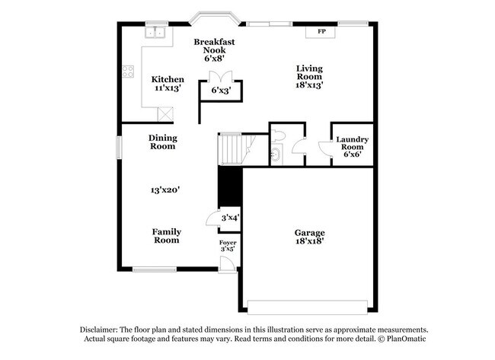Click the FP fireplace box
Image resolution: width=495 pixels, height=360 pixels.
pyautogui.click(x=321, y=31)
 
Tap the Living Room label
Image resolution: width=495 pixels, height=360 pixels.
pyautogui.click(x=309, y=72)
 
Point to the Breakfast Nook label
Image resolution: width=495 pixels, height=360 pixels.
pyautogui.click(x=212, y=45)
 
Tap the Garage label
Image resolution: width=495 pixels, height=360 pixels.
pyautogui.click(x=310, y=232)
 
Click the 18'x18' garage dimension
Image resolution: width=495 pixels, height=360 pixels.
pyautogui.click(x=310, y=241)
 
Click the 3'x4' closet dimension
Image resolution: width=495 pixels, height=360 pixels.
pyautogui.click(x=229, y=218)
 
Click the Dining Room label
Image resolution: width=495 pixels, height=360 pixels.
pyautogui.click(x=162, y=142)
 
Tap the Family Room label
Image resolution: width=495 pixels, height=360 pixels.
pyautogui.click(x=165, y=235)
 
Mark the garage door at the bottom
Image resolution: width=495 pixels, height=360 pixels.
pyautogui.click(x=310, y=307)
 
